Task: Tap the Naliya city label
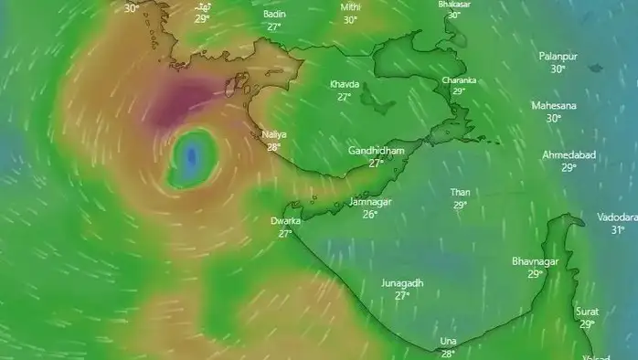pyautogui.click(x=273, y=134)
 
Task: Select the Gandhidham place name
pyautogui.click(x=376, y=151)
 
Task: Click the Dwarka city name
pyautogui.click(x=285, y=221)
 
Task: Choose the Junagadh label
pyautogui.click(x=402, y=283)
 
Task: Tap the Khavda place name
pyautogui.click(x=345, y=84)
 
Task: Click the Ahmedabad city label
pyautogui.click(x=569, y=154)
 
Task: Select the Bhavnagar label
pyautogui.click(x=535, y=261)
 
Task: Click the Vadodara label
pyautogui.click(x=617, y=217)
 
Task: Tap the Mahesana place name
pyautogui.click(x=554, y=106)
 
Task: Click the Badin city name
pyautogui.click(x=273, y=15)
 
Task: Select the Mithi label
pyautogui.click(x=350, y=7)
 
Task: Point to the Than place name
pyautogui.click(x=460, y=192)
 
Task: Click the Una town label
pyautogui.click(x=448, y=341)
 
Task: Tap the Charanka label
pyautogui.click(x=459, y=80)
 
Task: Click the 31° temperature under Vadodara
pyautogui.click(x=617, y=230)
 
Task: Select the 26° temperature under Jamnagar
pyautogui.click(x=369, y=215)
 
